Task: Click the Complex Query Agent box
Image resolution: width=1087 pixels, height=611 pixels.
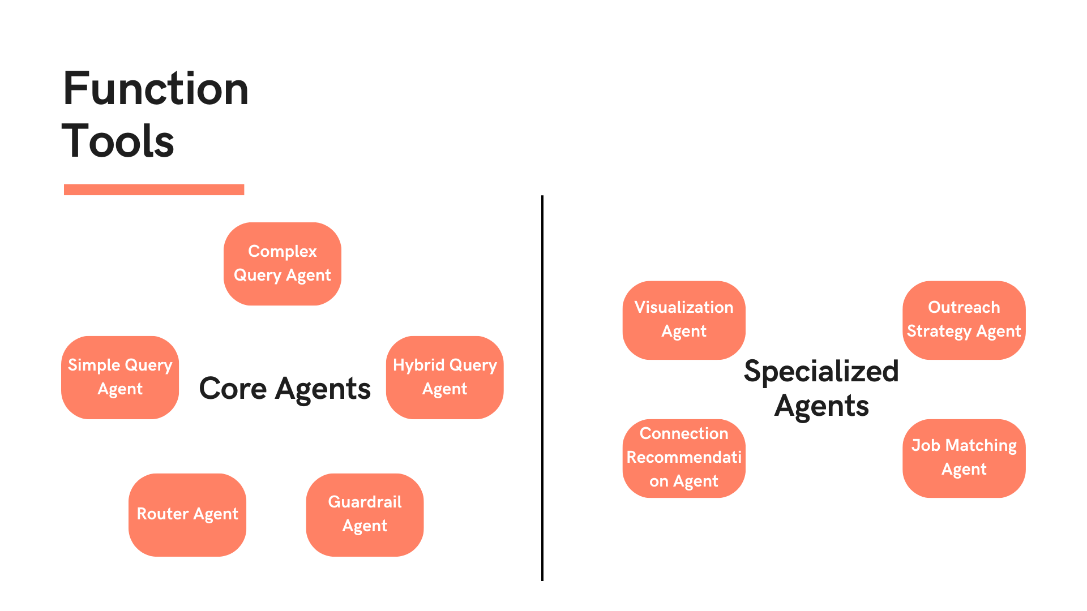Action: (x=282, y=264)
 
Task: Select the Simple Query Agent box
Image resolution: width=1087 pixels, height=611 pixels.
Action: (x=120, y=377)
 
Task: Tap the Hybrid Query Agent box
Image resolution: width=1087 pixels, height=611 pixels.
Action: (x=444, y=377)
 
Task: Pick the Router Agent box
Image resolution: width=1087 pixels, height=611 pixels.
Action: (x=187, y=515)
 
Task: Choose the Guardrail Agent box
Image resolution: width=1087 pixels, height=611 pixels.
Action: (x=365, y=515)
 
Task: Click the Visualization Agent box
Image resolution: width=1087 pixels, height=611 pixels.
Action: (x=684, y=320)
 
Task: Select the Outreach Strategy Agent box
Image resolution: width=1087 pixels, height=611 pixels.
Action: (x=964, y=320)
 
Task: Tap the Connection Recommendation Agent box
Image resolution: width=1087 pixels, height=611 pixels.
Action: (x=684, y=458)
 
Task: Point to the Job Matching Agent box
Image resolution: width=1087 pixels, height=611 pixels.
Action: (x=964, y=458)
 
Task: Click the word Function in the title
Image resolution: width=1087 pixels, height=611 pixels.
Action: (x=156, y=89)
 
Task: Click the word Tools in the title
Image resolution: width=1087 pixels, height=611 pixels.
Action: (x=118, y=141)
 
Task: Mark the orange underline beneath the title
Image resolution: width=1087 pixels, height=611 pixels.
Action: (x=154, y=190)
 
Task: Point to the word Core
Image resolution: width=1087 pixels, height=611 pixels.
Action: (x=233, y=389)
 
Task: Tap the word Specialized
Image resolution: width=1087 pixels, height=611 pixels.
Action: (x=821, y=372)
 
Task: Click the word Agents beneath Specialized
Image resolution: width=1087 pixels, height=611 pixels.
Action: (x=821, y=406)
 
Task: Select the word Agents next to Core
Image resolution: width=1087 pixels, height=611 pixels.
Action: (x=323, y=389)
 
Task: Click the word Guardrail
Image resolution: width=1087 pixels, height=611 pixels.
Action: (x=365, y=502)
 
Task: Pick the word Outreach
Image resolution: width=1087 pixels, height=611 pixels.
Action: (x=964, y=307)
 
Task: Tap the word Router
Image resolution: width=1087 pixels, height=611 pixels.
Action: (x=162, y=514)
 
